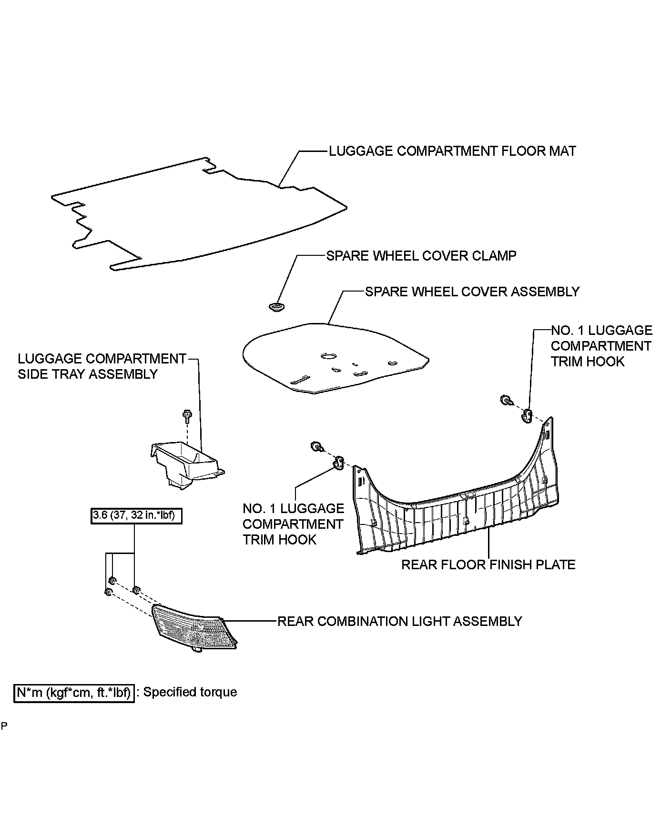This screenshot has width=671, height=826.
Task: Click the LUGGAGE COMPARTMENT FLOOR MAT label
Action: (x=452, y=151)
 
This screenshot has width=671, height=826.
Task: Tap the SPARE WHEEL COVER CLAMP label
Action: (x=421, y=256)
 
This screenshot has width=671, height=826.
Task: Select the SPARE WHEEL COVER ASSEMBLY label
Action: (x=472, y=292)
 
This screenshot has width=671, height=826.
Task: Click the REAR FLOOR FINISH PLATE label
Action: (x=488, y=564)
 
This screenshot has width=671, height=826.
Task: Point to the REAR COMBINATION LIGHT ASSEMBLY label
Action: (x=399, y=621)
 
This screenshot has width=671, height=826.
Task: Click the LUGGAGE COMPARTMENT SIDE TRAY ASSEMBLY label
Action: (x=102, y=366)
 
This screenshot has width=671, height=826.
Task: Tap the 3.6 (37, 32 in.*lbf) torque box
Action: (x=136, y=516)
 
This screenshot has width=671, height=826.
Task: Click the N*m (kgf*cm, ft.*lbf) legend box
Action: (x=74, y=692)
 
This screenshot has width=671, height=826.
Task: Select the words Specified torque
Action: (x=190, y=692)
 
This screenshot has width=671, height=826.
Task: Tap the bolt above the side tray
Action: (x=186, y=415)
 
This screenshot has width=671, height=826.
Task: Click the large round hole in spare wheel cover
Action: (x=328, y=355)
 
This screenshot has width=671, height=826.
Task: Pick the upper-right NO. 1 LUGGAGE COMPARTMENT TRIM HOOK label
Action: (x=601, y=346)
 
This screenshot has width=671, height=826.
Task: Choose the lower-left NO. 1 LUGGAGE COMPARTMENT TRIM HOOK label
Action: (x=293, y=524)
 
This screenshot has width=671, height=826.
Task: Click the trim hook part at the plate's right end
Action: (x=527, y=415)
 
